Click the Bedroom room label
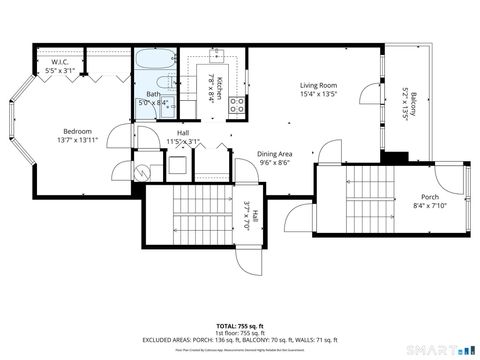[x=78, y=131]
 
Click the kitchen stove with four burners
[x=237, y=103]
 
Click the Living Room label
[x=318, y=86]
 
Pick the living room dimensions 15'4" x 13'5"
[x=318, y=96]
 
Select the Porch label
[x=429, y=196]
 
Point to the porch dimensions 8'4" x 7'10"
[x=429, y=206]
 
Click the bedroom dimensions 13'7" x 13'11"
[x=78, y=141]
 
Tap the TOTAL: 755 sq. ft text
[x=240, y=326]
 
